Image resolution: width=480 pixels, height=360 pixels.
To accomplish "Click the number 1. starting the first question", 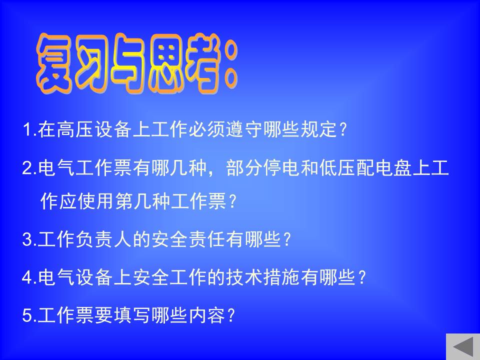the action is [x=29, y=129].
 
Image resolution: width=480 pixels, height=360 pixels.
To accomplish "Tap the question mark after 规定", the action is [x=344, y=129].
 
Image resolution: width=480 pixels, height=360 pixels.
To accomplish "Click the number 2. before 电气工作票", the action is [x=29, y=168].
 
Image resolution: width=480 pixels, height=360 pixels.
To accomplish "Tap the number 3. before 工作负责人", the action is [x=29, y=239].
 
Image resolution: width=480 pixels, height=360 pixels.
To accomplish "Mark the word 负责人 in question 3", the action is [x=103, y=239].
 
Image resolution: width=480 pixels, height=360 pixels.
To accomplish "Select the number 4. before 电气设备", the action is [x=29, y=277].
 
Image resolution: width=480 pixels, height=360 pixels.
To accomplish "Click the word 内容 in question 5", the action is [x=207, y=315].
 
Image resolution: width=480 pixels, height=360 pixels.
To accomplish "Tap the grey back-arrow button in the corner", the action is [x=463, y=347].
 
